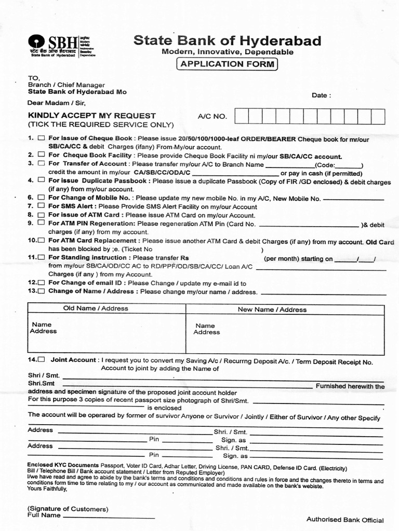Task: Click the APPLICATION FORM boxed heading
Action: pos(227,64)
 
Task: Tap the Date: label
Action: pos(321,95)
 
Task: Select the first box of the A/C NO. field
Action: pos(241,116)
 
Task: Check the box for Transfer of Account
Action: pos(42,163)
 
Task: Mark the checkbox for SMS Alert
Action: pos(42,206)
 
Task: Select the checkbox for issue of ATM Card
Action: pos(42,214)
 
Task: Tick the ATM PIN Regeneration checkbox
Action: pos(42,222)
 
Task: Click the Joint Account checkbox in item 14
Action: pos(42,359)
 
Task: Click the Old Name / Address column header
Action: pos(95,309)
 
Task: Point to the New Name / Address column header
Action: pos(272,310)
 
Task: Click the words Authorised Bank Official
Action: pos(345,520)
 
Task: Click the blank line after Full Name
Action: pos(109,516)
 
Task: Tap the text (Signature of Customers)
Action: pos(68,509)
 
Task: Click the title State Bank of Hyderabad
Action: pos(227,41)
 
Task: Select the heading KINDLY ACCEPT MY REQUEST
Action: pos(91,116)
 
